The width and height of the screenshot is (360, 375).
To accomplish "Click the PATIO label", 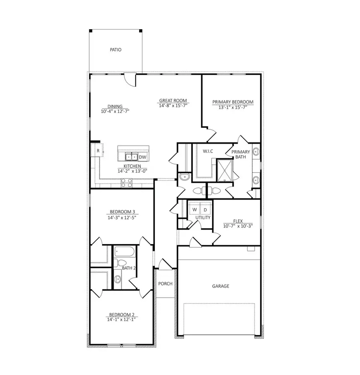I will tap(115, 50).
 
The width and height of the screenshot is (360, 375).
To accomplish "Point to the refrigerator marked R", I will tap(98, 150).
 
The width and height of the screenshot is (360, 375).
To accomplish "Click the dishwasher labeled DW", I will tap(142, 157).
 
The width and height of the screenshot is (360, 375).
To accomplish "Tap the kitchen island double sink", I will tap(132, 157).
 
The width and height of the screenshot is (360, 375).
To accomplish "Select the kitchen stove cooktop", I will tap(127, 183).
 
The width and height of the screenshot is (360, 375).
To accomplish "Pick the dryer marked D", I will tap(205, 209).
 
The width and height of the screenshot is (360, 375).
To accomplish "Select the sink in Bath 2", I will tap(118, 279).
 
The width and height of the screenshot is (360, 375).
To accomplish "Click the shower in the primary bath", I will tap(224, 170).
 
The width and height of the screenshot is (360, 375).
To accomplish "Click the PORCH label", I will tap(165, 284).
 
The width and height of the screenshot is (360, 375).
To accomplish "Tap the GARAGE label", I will tap(220, 286).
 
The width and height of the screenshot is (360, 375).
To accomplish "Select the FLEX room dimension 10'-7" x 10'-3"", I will tap(238, 226).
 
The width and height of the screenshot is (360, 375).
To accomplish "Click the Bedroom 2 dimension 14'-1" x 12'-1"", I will tap(121, 319).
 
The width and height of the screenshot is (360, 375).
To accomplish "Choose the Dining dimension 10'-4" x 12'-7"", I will tap(115, 112).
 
